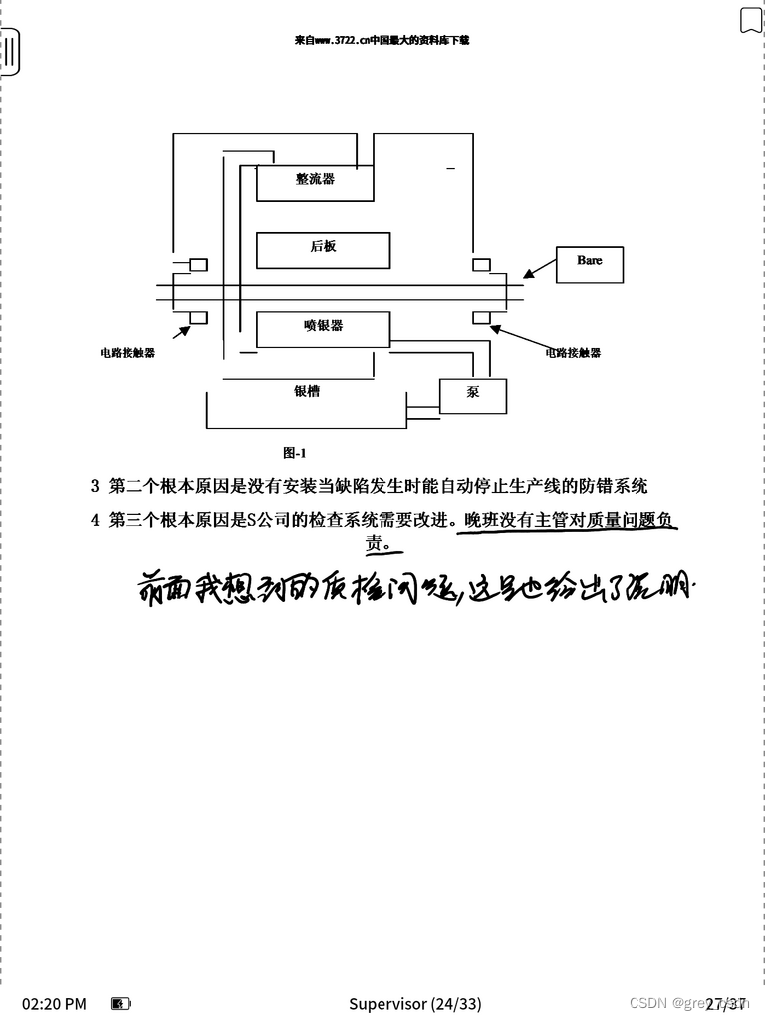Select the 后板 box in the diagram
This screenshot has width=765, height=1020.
click(323, 250)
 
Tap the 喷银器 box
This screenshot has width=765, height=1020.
click(323, 329)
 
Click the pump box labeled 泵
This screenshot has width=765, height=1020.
click(473, 395)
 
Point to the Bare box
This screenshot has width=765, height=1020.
click(590, 263)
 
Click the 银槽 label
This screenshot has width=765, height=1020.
click(307, 392)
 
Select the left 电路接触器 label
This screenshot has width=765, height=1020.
click(127, 353)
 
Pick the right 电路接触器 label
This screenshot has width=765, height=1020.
click(573, 353)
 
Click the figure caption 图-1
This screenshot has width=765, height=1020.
click(294, 452)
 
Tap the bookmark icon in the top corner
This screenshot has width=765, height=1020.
click(750, 20)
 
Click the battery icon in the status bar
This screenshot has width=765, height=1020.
click(121, 1003)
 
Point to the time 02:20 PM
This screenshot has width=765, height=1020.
click(54, 1003)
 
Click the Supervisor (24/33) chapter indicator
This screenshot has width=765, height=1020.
click(414, 1003)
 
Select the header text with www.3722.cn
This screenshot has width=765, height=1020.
click(382, 41)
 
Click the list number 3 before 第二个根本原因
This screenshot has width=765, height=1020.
click(95, 487)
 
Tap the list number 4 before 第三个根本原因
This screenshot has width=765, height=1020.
click(95, 519)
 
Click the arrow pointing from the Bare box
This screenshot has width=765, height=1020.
click(539, 267)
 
